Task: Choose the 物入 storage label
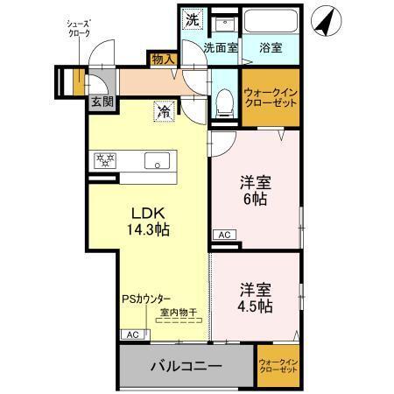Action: (x=163, y=59)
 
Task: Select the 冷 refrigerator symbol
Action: (x=163, y=112)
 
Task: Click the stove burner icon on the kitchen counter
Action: (x=106, y=160)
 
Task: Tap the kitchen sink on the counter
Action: (x=158, y=160)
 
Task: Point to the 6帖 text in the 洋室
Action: (x=255, y=198)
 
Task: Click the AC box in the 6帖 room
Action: (x=223, y=235)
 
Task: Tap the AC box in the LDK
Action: (x=132, y=334)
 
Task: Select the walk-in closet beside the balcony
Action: (x=278, y=364)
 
